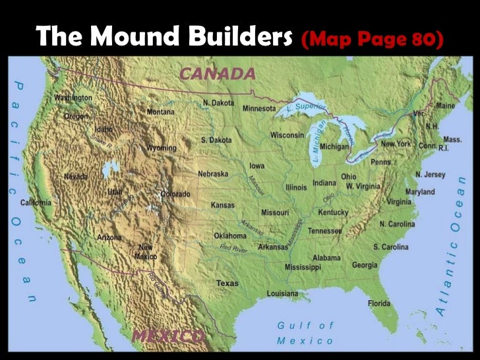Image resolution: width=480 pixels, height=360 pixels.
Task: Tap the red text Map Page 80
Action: tap(371, 39)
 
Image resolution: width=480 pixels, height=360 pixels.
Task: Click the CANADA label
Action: tap(217, 73)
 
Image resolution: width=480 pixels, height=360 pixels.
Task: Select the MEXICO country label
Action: tap(167, 336)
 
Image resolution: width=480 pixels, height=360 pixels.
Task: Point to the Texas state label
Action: tap(227, 283)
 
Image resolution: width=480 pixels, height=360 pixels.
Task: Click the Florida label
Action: tap(378, 303)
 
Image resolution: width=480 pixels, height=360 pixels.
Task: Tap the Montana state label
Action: tap(161, 112)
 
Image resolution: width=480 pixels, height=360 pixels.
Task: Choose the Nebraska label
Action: tap(213, 173)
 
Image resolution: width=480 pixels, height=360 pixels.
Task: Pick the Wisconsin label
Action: tap(287, 135)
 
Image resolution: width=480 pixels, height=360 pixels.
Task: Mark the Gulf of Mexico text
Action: tap(305, 332)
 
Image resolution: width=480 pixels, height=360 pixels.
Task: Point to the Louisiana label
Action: tap(282, 293)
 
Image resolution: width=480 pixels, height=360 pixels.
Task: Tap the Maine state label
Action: tap(445, 105)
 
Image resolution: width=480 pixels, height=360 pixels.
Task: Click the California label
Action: tap(36, 202)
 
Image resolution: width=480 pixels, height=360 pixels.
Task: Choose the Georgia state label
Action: tap(365, 265)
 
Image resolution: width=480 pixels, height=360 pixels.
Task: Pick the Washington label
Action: tap(73, 98)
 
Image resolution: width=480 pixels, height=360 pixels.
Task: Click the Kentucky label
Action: tap(333, 212)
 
